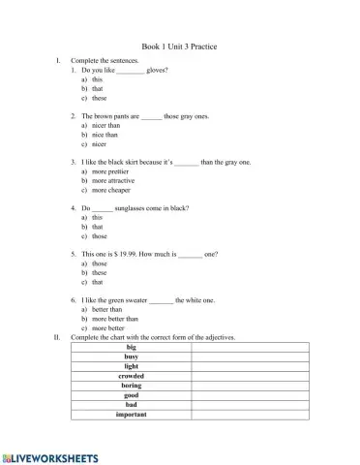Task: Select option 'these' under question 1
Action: tap(100, 98)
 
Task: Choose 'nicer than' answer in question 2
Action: tap(105, 125)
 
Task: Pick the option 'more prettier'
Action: tap(110, 170)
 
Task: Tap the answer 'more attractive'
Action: tap(113, 180)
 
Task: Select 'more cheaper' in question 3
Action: tap(111, 190)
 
